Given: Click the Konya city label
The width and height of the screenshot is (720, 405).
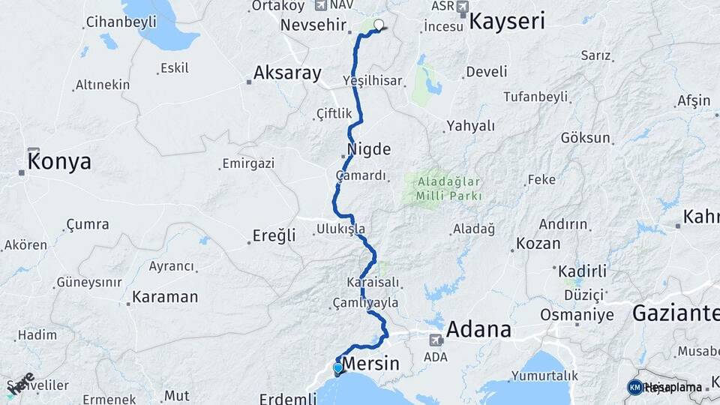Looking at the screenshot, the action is (59, 161).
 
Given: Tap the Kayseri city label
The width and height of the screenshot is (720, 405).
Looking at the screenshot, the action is (506, 22).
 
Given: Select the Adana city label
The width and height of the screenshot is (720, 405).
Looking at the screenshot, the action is (478, 329).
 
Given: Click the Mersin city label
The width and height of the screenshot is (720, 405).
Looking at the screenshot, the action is (370, 365).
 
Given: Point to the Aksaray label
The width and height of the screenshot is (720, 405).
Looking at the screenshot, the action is (287, 73).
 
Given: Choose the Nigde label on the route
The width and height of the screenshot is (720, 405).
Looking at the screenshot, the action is (369, 149).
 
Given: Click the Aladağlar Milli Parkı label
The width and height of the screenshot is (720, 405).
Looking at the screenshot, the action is (443, 188).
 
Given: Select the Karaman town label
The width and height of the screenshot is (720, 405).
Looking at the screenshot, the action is (164, 297).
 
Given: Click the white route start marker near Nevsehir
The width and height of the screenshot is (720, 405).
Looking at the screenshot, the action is (378, 25).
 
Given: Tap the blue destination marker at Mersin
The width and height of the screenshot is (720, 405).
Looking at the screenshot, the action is (337, 368).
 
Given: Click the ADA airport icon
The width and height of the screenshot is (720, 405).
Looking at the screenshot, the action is (435, 340).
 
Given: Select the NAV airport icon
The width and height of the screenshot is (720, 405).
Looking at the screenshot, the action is (321, 6).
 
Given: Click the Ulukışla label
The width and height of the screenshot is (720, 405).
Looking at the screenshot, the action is (340, 228).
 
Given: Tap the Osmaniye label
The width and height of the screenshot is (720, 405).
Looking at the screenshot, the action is (577, 314).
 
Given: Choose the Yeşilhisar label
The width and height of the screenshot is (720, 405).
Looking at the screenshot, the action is (372, 80).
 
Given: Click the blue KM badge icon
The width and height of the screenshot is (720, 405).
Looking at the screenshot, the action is (634, 386).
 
